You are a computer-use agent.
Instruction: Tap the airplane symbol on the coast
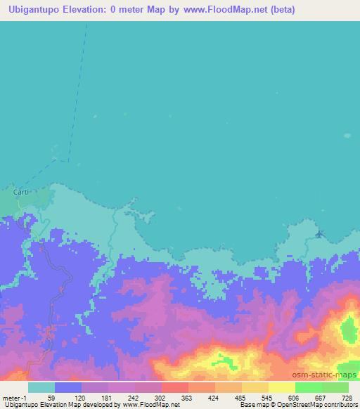[x=320, y=234]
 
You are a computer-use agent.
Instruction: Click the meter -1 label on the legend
[x=15, y=397]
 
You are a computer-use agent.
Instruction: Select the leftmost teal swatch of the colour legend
[x=41, y=387]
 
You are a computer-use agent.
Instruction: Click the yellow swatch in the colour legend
[x=282, y=387]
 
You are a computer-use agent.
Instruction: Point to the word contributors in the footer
[x=340, y=405]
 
